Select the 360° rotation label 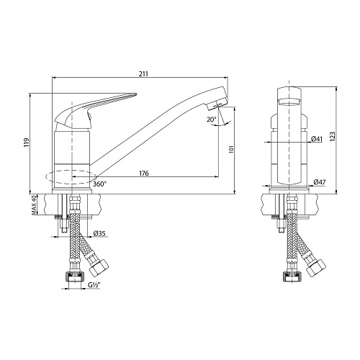[100, 184]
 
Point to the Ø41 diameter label [317, 140]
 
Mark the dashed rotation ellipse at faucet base [69, 176]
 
